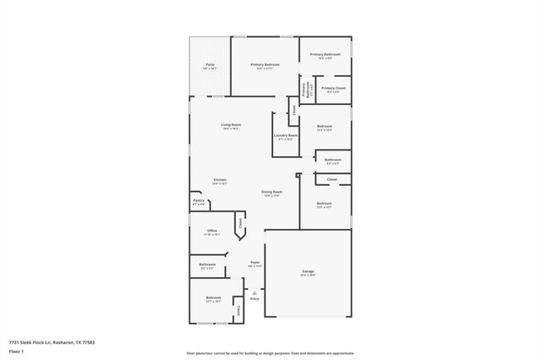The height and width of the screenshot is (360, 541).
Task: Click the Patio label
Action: coord(210,66)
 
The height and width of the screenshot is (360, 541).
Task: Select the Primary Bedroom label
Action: coord(265,66)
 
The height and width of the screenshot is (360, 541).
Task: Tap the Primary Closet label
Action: coord(333,89)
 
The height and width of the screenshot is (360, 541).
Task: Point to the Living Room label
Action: coord(231,127)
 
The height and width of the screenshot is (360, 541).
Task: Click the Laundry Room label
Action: coord(286,137)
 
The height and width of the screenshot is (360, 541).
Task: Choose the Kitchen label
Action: coord(220,181)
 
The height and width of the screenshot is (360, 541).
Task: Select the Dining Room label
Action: coord(271,194)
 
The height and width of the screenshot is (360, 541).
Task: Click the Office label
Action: coord(212,232)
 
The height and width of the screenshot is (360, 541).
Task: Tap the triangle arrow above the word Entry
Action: coord(254,292)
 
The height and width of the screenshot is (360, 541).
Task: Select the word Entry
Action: coord(254,298)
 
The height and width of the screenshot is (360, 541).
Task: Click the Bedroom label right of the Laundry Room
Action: coord(325,128)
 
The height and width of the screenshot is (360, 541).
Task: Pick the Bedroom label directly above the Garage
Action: coord(325,205)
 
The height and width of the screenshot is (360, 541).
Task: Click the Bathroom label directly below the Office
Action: coord(207,265)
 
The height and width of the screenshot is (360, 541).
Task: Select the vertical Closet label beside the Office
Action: coord(240,224)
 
